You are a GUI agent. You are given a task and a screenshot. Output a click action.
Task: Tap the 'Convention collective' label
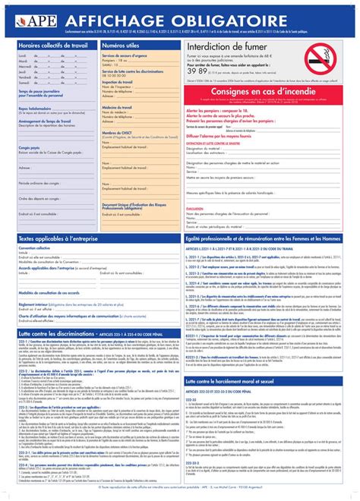click(37, 248)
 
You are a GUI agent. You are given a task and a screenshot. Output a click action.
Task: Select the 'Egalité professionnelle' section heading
click(262, 239)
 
